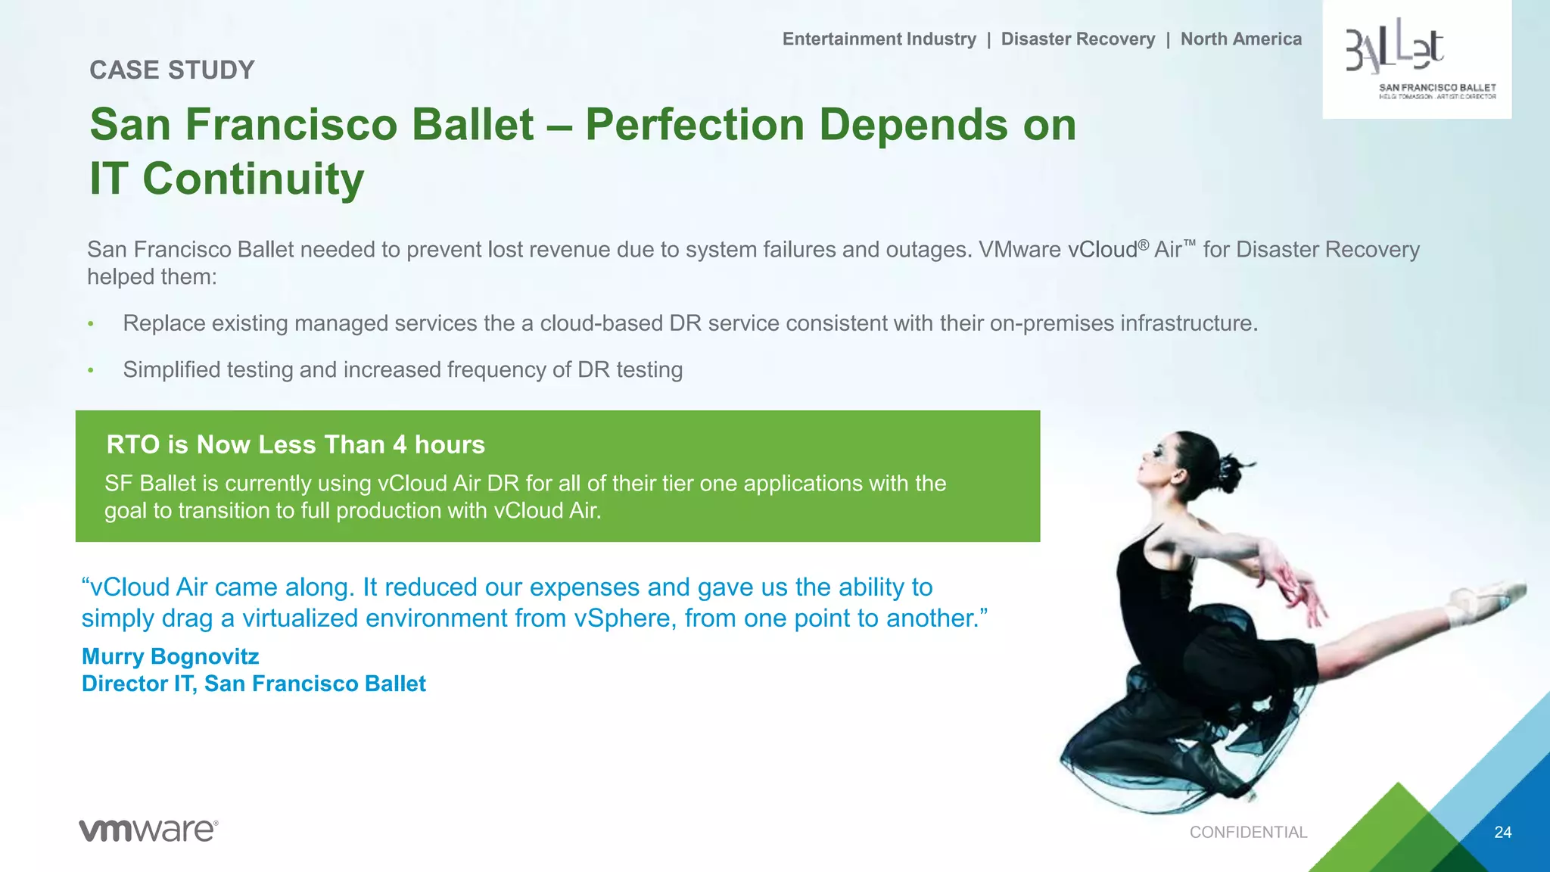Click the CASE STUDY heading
point(172,70)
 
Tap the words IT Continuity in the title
point(226,179)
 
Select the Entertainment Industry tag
point(879,39)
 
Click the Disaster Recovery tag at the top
point(1078,39)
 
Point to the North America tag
point(1240,39)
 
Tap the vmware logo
point(148,830)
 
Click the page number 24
point(1502,832)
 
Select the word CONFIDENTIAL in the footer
point(1248,832)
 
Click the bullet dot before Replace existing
point(91,324)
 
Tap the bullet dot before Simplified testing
point(91,370)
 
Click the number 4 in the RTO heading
point(400,444)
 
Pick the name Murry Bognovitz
point(170,656)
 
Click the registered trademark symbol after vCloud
point(1143,244)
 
